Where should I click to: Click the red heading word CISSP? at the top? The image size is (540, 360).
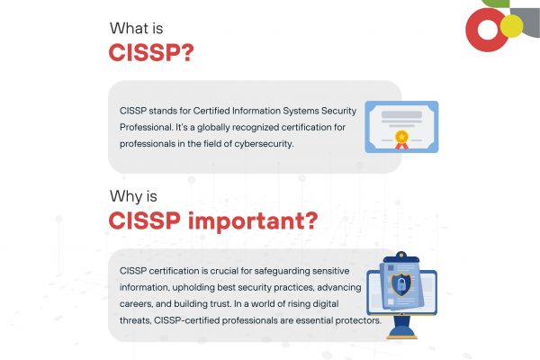click(x=151, y=53)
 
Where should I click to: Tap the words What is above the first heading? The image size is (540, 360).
click(x=137, y=28)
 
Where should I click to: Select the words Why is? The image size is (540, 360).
click(x=133, y=196)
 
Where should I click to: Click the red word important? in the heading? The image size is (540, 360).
click(x=253, y=221)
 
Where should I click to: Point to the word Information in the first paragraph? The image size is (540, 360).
click(x=256, y=111)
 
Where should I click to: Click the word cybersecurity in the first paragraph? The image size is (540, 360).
click(x=264, y=144)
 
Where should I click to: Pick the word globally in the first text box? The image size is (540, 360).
click(x=213, y=128)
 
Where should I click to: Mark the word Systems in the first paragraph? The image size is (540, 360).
click(x=301, y=112)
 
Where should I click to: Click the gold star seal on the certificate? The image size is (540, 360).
click(x=401, y=137)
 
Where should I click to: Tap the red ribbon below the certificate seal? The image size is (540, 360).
click(x=401, y=147)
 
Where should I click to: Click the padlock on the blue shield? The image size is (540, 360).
click(x=401, y=284)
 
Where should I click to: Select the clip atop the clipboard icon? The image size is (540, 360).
click(x=401, y=257)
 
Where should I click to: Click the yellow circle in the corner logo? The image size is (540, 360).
click(x=511, y=26)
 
